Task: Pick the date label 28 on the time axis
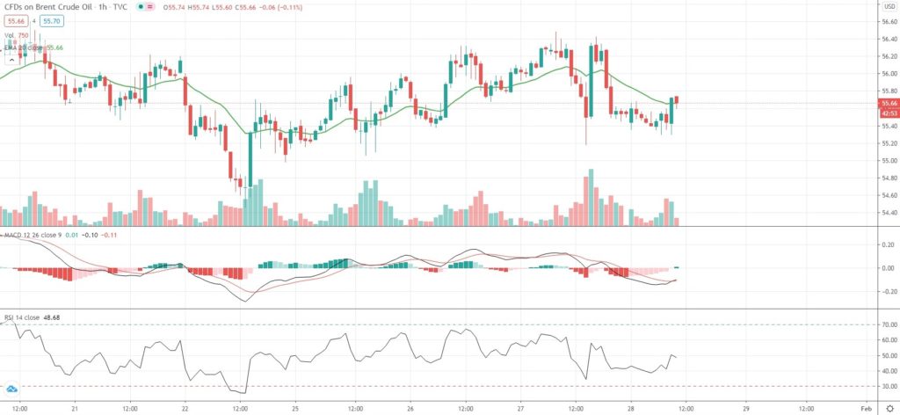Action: point(631,408)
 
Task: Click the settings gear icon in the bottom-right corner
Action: point(889,408)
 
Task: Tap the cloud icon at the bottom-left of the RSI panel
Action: point(12,389)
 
